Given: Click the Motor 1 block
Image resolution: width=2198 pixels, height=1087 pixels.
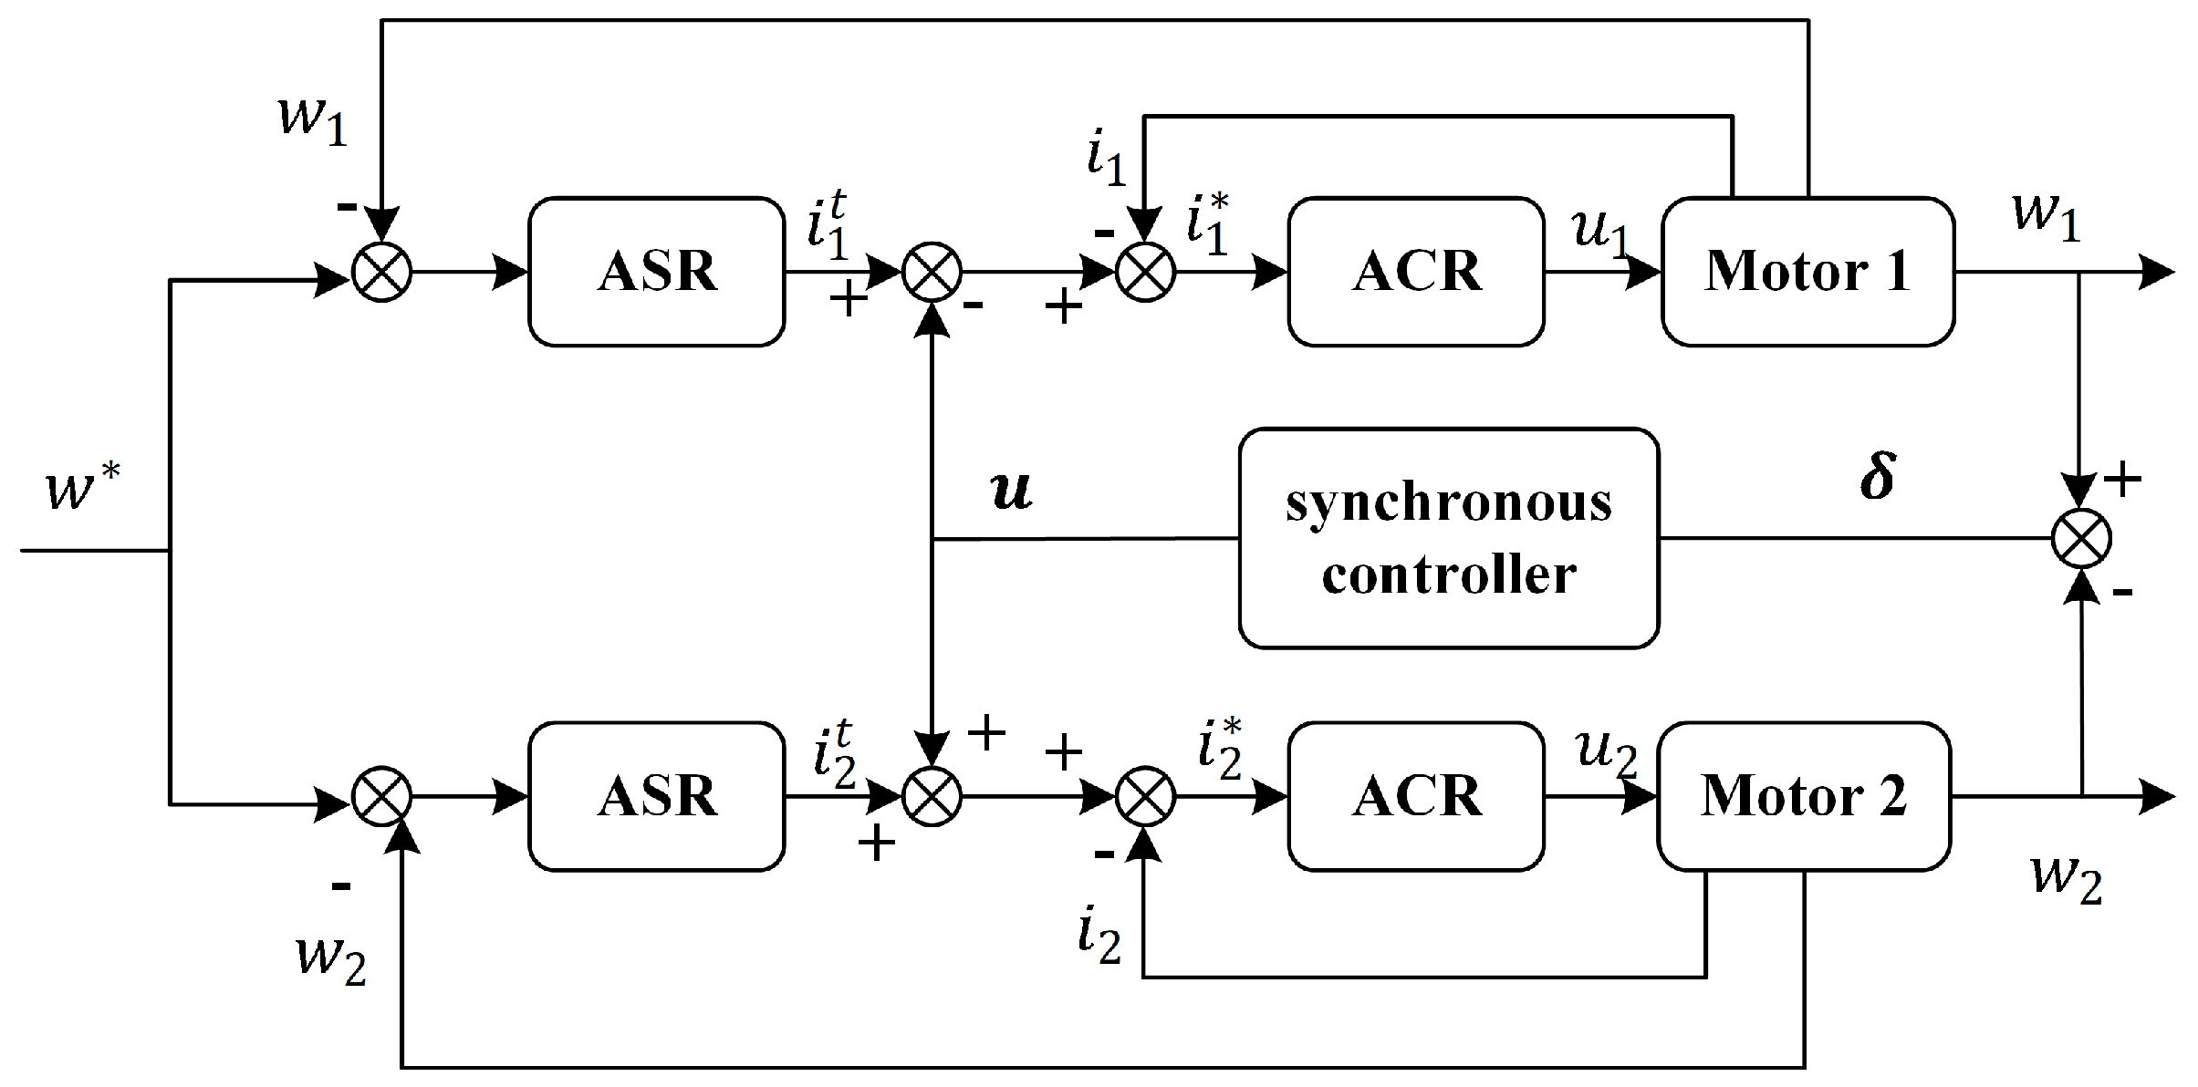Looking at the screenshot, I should pos(1807,271).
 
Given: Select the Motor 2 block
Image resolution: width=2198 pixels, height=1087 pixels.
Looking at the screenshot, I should pos(1803,796).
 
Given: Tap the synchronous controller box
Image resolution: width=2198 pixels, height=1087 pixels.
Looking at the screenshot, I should pos(1448,538).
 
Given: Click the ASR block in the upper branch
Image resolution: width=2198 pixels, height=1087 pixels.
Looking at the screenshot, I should pos(656,271).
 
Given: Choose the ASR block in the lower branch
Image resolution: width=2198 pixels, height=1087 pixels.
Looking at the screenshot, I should pos(656,796).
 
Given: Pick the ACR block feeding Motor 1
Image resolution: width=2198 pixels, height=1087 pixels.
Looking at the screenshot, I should pos(1415,271).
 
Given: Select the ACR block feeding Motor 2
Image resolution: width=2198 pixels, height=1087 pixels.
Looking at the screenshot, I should pos(1415,796).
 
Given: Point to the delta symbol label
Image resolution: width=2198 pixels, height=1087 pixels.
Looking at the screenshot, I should pos(1877,476).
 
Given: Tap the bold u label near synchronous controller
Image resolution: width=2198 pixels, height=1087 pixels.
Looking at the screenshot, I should pos(1011,490).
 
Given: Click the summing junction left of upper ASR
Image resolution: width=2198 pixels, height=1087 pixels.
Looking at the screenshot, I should pos(381,272).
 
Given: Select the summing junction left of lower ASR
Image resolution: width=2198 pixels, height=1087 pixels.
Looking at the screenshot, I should pos(381,796).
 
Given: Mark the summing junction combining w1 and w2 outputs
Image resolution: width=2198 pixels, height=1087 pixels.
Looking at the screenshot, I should pos(2081,538).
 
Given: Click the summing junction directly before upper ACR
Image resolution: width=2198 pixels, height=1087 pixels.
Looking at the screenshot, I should pos(1145,272).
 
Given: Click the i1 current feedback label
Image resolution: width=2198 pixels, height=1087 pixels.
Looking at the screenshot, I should pos(1106,157).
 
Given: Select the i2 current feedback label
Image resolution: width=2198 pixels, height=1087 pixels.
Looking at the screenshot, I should pos(1099,936).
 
